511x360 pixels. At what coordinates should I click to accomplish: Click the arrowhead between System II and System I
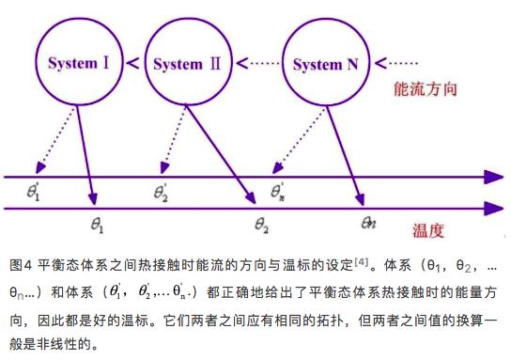134,64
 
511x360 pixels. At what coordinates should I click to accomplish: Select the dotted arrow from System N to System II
259,64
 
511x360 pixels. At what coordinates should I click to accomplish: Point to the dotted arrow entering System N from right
393,64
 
